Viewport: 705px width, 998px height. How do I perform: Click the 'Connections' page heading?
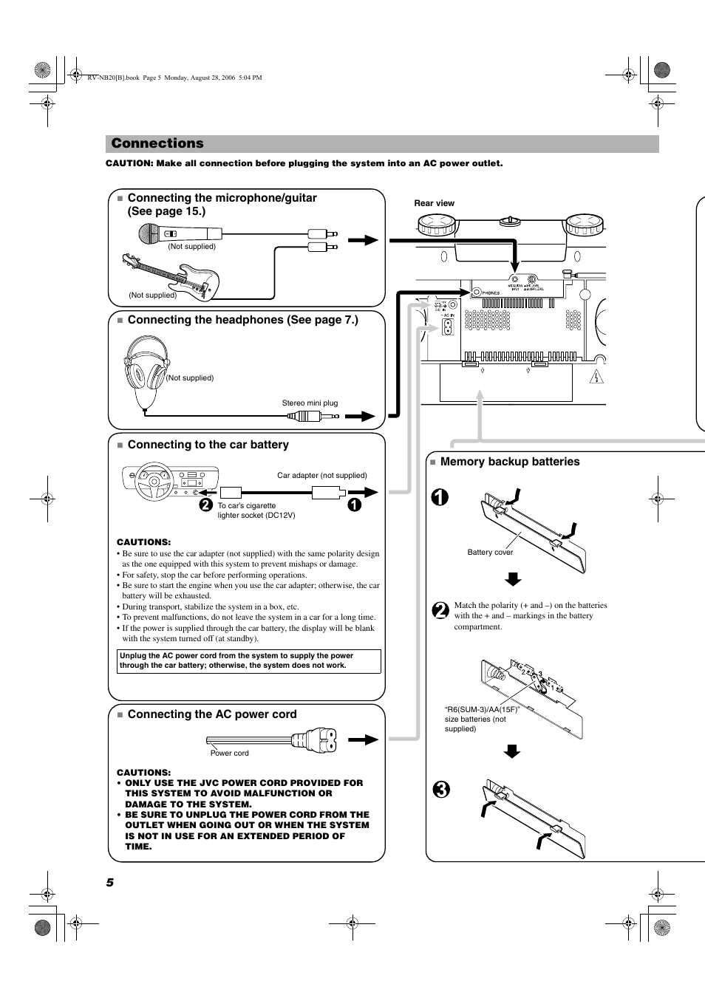pos(157,143)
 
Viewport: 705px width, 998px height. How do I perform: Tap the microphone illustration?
pos(158,234)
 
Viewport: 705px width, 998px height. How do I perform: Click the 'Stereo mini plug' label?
pos(310,403)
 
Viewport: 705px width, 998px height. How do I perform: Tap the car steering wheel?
pos(154,483)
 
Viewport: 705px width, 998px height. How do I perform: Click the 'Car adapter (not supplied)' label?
pos(321,476)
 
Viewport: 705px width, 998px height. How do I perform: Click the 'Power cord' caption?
pos(229,753)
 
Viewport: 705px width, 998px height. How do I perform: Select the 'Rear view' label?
pos(434,203)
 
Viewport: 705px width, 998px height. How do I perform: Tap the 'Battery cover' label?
pos(490,553)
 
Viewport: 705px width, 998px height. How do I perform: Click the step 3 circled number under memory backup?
pos(440,789)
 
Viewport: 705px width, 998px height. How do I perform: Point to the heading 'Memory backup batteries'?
pos(509,462)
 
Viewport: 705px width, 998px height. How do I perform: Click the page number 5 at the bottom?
pos(110,883)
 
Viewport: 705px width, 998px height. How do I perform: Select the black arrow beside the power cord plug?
pos(364,739)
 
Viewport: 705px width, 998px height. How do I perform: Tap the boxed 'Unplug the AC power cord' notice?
pos(249,661)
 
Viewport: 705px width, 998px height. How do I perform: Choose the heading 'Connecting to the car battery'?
pos(208,445)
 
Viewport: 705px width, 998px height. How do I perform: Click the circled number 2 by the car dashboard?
pos(205,505)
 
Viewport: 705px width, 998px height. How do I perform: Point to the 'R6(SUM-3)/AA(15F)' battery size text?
pos(482,710)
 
